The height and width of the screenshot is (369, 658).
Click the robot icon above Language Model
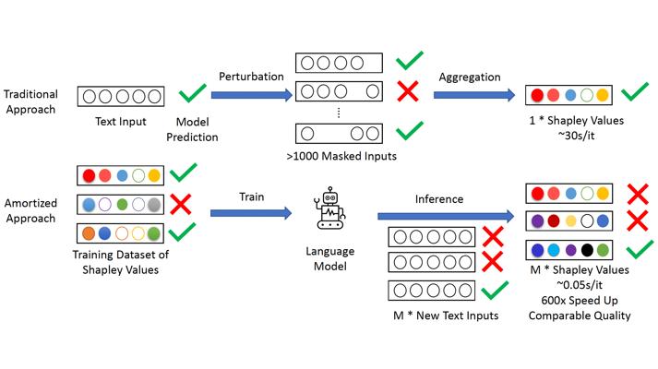(330, 208)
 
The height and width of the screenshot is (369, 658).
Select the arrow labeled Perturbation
(251, 95)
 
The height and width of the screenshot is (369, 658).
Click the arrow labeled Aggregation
(474, 95)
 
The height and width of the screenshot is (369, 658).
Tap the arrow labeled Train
(251, 213)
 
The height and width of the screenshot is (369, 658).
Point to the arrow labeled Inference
(446, 216)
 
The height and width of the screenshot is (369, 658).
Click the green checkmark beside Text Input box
(193, 93)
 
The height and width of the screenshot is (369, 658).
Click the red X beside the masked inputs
(408, 91)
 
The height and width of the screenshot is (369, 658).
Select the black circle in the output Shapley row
(587, 250)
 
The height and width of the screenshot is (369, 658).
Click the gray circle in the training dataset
(154, 205)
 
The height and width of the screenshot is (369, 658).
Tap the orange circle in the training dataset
(89, 233)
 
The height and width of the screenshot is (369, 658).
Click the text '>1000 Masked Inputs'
(341, 156)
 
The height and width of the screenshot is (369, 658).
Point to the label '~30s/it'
(576, 136)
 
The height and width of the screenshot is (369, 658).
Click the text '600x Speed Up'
(580, 300)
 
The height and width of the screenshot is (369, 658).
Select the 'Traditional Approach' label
(30, 101)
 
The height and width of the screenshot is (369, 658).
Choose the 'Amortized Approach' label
(30, 210)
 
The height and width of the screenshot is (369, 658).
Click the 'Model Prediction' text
(192, 129)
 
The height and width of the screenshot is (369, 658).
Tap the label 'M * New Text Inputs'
(446, 315)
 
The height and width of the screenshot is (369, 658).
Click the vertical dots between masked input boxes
(339, 113)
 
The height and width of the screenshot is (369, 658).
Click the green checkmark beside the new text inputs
(495, 291)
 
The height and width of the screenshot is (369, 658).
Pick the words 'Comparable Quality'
(580, 315)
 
